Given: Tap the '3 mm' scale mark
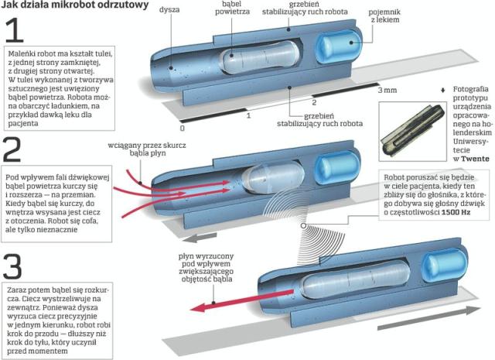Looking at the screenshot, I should (387, 91).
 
